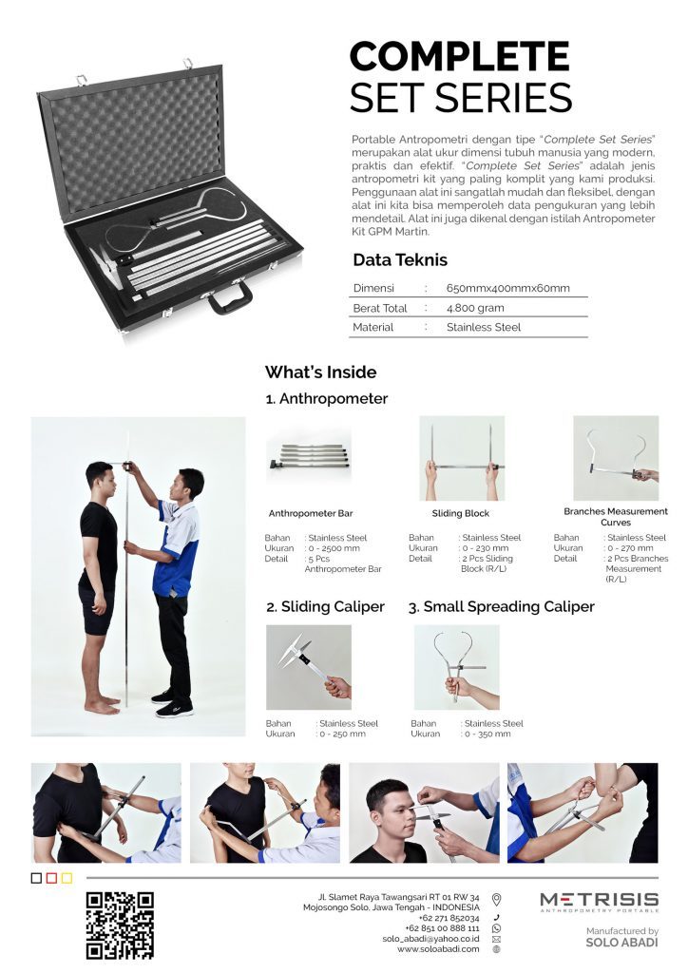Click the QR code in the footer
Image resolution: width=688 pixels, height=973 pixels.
coord(120,925)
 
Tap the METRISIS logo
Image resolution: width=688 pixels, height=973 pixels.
coord(599,902)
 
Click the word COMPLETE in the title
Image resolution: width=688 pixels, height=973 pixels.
coord(460,56)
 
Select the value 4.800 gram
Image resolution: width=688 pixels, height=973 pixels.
coord(475,308)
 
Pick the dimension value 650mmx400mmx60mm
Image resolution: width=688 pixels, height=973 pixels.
coord(507,288)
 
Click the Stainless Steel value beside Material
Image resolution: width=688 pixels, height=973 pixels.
coord(484,327)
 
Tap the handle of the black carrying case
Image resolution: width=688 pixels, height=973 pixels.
coord(230,299)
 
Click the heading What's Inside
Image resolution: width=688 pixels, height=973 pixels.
coord(321,372)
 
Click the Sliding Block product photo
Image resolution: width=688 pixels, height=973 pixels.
coord(462,458)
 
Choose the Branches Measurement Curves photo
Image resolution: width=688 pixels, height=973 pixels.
coord(616,458)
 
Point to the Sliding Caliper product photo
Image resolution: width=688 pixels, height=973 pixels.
coord(309,667)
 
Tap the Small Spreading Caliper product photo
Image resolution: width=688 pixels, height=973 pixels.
coord(456,667)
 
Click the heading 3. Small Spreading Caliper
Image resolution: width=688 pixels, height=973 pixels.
coord(501,607)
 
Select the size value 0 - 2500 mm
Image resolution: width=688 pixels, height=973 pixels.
coord(334,548)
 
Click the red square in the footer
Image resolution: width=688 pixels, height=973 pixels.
coord(51,878)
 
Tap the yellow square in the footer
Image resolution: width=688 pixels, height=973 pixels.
coord(67,878)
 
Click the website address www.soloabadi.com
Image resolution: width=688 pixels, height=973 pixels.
coord(438,949)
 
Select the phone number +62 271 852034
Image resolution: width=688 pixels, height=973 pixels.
coord(449,918)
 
